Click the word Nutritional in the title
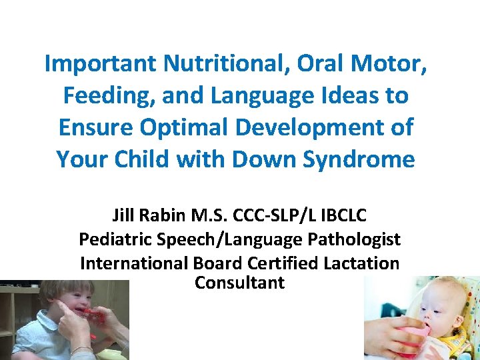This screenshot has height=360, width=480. (x=216, y=64)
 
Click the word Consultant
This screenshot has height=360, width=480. (x=239, y=283)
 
